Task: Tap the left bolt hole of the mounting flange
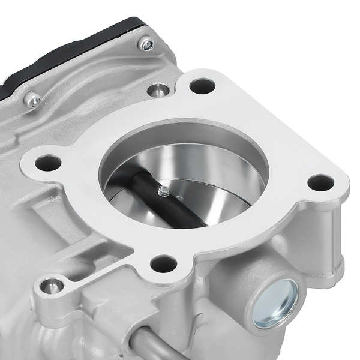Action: point(49,163)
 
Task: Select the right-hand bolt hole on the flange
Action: point(320,182)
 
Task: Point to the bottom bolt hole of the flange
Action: point(163,263)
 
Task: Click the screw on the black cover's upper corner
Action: point(146,44)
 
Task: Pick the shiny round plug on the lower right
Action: point(275,303)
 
